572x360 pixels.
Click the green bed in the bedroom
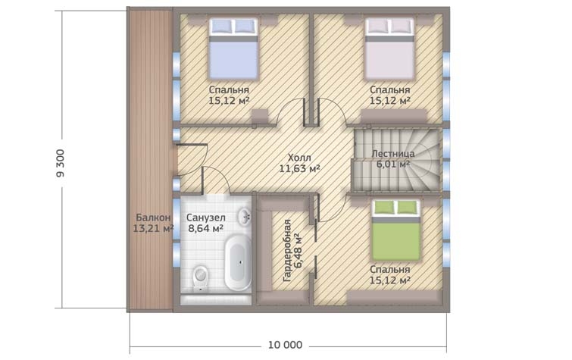395,230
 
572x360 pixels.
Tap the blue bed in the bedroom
233,49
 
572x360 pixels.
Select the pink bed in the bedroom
389,49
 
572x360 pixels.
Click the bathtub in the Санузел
238,262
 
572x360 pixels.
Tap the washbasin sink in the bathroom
244,217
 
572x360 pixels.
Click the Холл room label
299,158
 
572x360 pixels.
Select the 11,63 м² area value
299,169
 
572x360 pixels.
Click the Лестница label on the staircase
393,154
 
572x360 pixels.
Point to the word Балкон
153,218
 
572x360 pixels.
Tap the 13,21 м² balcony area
153,229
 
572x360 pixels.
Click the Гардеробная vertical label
287,250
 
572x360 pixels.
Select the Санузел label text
206,218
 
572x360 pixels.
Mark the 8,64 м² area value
206,229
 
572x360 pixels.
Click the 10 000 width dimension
286,345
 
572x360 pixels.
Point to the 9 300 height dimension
60,163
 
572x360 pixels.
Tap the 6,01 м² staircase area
393,164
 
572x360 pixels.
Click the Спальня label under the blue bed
229,90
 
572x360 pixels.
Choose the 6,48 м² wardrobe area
299,250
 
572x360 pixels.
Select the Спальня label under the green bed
390,270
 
